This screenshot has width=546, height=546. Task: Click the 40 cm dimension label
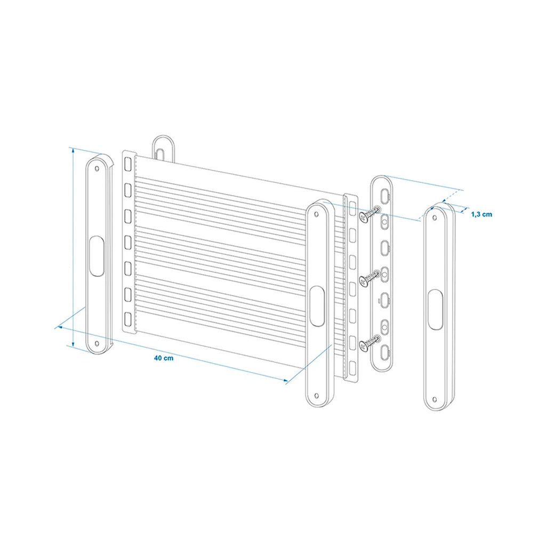[164, 358]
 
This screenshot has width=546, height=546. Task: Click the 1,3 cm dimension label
[481, 214]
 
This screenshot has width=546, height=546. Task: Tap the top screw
[370, 213]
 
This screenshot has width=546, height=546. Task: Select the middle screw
[370, 277]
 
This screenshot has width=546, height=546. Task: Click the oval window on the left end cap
[97, 256]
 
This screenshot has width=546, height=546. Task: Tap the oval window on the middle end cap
[317, 306]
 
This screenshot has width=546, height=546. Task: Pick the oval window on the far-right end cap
[435, 310]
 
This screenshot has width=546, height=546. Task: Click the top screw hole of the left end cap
[97, 169]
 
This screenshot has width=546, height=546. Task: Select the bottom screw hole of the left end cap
[97, 344]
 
